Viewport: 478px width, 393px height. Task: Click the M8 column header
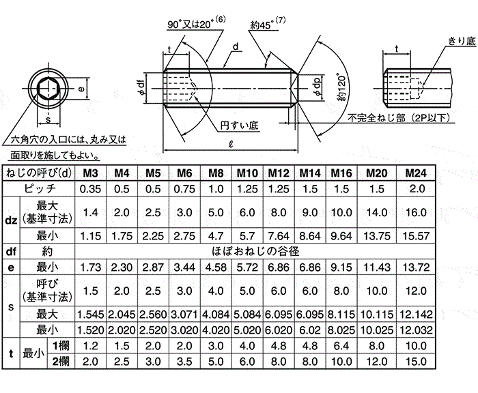[216, 173]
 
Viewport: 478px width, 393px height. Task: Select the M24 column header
[416, 173]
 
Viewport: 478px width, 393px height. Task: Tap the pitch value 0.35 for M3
[90, 189]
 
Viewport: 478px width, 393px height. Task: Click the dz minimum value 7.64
[279, 236]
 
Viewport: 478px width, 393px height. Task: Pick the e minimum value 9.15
[341, 267]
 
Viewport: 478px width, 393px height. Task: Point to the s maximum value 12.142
[416, 314]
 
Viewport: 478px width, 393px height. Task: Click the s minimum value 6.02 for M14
[310, 330]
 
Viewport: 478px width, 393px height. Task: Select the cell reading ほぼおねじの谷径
[255, 251]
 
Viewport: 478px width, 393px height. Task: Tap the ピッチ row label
[40, 188]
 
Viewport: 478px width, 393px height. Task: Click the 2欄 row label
[61, 362]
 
